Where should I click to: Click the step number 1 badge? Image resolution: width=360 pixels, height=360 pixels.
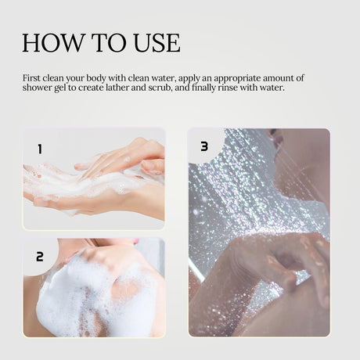click(x=39, y=147)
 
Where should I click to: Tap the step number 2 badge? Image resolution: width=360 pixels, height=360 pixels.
click(x=39, y=256)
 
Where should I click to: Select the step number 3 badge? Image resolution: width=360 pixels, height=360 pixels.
click(x=204, y=146)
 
